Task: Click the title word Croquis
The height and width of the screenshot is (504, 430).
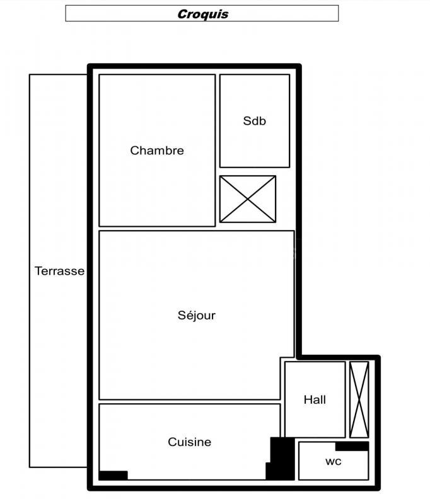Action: (x=202, y=13)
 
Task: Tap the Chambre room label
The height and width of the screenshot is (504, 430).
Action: (x=157, y=151)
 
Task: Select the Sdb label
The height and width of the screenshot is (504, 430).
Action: (x=254, y=121)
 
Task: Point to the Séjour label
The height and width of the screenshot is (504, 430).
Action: (x=196, y=315)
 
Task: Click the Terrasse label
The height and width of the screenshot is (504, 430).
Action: (x=59, y=271)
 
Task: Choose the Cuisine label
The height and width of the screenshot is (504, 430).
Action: (x=189, y=442)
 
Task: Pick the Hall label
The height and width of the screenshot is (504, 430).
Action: (x=315, y=399)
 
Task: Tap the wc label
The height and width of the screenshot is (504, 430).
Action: (x=333, y=461)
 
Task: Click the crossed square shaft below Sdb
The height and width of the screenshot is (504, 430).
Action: (x=248, y=199)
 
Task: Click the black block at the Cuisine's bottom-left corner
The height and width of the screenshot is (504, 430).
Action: (x=113, y=475)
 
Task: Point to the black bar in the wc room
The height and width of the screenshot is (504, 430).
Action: (x=352, y=446)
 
